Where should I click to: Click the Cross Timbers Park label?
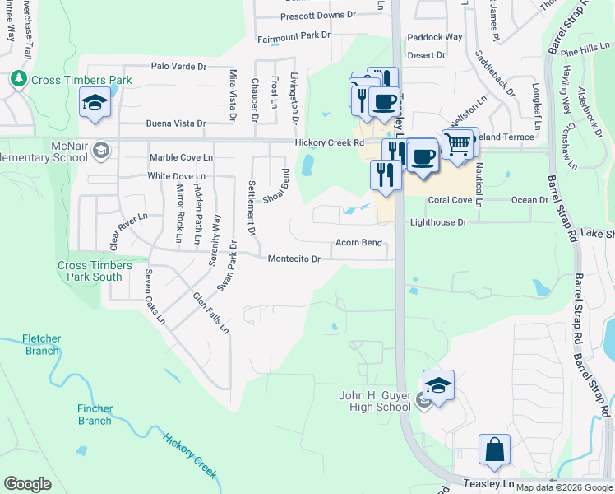click(x=81, y=81)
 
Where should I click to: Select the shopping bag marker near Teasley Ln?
click(x=494, y=451)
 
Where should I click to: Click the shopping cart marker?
click(x=459, y=144)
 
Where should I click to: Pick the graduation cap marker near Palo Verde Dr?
click(x=95, y=104)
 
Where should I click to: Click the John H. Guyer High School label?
click(x=375, y=401)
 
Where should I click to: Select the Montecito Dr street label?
click(x=294, y=259)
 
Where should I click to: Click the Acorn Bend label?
click(x=358, y=243)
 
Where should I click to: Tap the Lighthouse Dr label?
click(x=437, y=222)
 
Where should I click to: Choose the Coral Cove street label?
click(x=449, y=200)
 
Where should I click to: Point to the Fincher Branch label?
click(x=95, y=415)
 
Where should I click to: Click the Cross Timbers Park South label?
click(x=95, y=271)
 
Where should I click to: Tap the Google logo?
click(x=28, y=484)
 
